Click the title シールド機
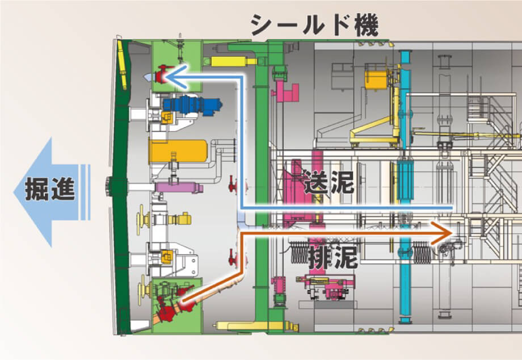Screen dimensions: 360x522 click(x=314, y=24)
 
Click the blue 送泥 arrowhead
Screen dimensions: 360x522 click(x=178, y=77)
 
